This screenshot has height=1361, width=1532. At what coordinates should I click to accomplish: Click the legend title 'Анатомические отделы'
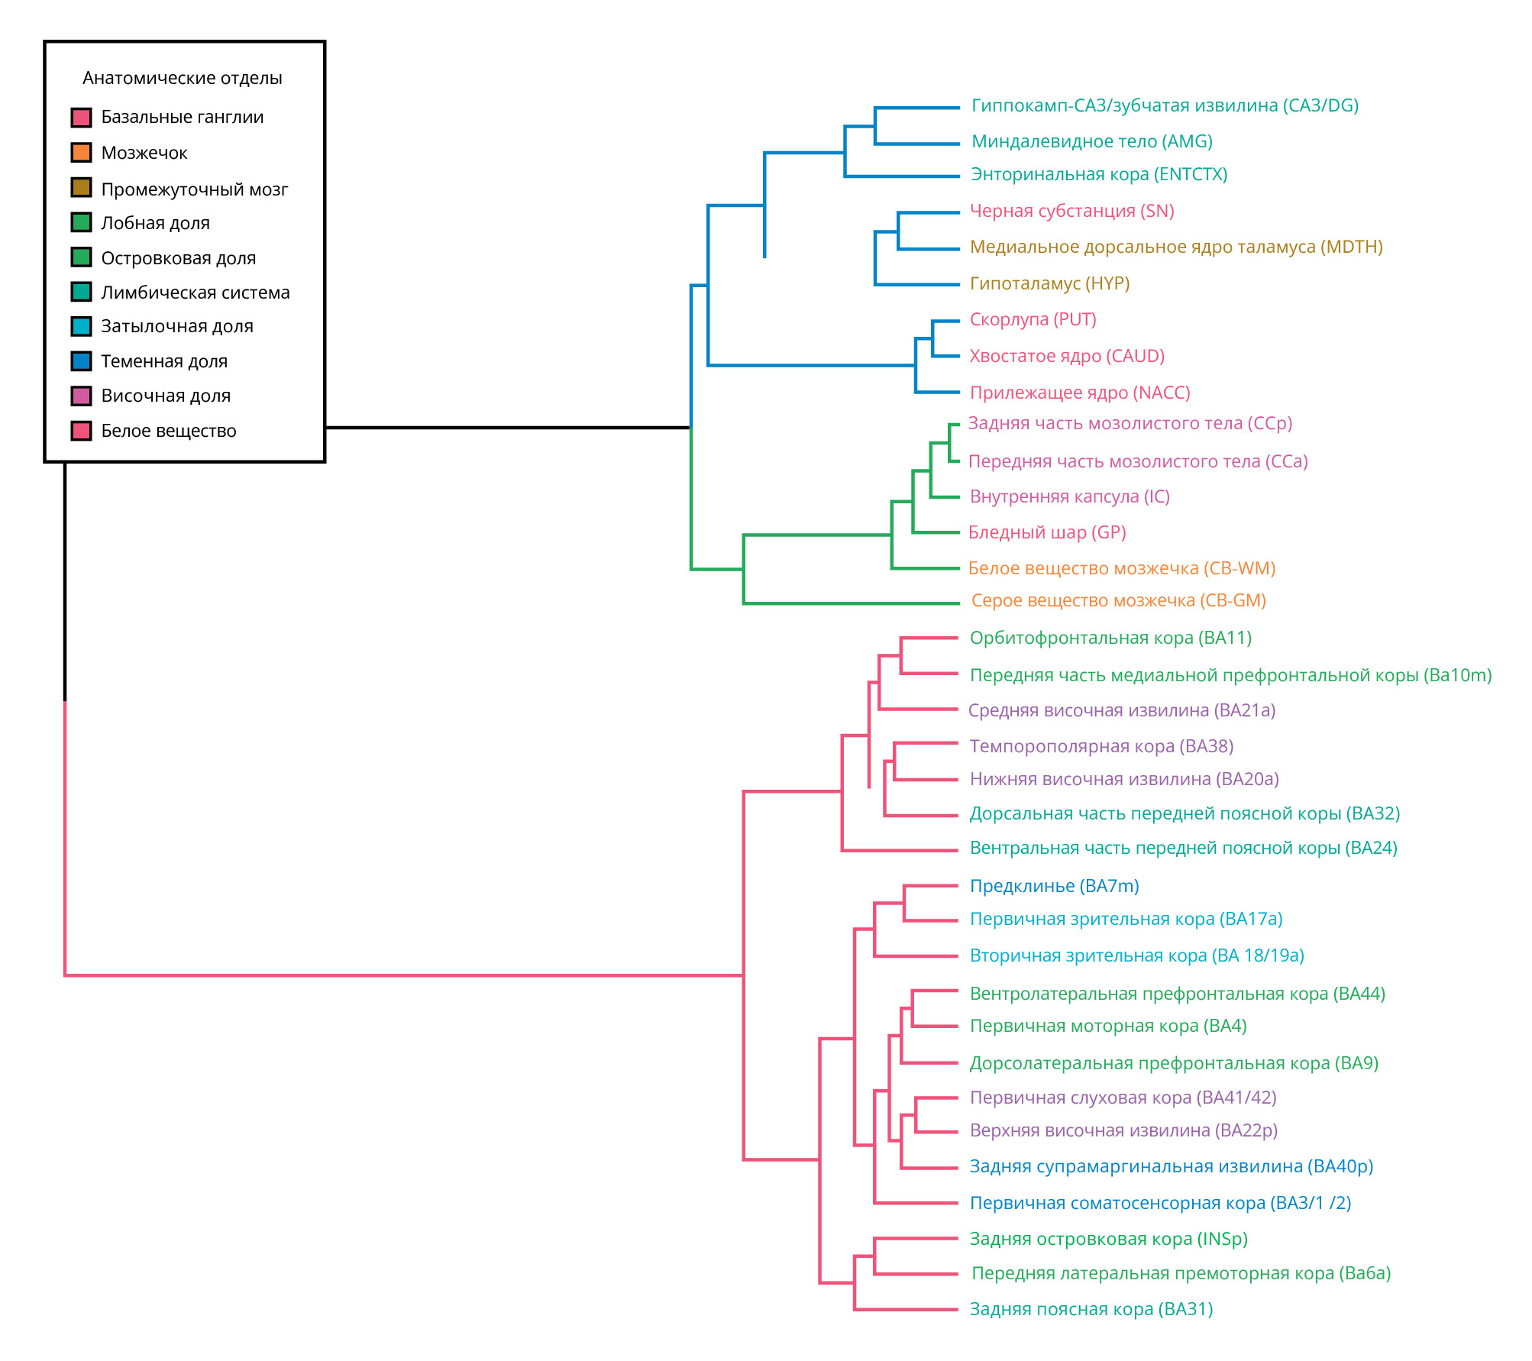click(x=182, y=78)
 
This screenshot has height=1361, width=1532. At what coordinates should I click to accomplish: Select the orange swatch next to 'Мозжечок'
click(x=81, y=153)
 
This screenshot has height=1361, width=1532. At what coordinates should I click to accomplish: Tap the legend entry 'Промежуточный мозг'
click(x=194, y=189)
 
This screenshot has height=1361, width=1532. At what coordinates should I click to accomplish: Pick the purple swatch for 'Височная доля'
click(x=81, y=396)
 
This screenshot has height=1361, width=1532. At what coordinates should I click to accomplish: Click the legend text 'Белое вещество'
click(x=168, y=431)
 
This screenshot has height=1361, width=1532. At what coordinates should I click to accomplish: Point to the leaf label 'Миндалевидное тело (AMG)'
click(x=1091, y=141)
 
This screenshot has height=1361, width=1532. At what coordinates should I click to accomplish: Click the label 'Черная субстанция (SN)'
click(x=1071, y=211)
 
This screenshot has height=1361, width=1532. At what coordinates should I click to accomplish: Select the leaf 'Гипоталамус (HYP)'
click(x=1049, y=283)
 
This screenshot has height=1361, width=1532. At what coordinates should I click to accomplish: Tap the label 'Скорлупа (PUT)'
click(x=1033, y=319)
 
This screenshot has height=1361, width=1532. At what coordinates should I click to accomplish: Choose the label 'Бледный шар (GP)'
click(x=1047, y=532)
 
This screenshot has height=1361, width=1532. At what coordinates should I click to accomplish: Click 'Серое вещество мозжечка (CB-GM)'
click(x=1118, y=600)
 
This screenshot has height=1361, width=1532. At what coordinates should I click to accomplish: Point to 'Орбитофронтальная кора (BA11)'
click(x=1110, y=638)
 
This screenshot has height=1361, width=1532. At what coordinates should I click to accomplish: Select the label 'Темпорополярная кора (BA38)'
click(x=1101, y=746)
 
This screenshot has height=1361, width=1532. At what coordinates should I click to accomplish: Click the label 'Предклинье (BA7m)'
click(x=1054, y=886)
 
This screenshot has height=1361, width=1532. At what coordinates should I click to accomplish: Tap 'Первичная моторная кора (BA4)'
click(x=1107, y=1026)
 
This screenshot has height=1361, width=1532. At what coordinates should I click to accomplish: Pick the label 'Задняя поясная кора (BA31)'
click(x=1091, y=1309)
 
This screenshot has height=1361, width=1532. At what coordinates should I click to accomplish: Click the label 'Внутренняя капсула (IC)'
click(x=1069, y=496)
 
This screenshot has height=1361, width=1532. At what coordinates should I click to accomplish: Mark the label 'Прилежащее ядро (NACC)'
click(x=1080, y=393)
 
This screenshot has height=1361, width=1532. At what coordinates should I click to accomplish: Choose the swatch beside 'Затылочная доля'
click(x=81, y=326)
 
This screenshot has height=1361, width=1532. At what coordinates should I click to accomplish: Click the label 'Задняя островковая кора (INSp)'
click(x=1108, y=1239)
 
